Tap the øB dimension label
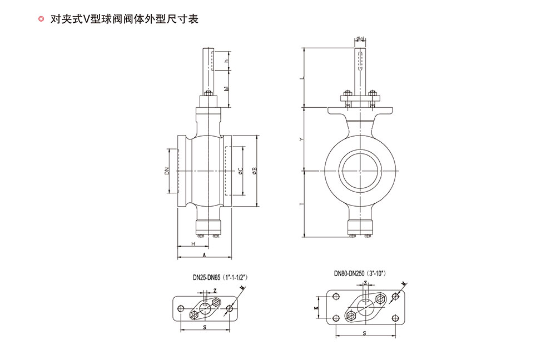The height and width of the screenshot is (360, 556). (254, 172)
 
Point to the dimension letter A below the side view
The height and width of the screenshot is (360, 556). (204, 255)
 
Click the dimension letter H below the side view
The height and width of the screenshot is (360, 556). (192, 243)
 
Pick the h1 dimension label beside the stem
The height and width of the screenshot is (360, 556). (226, 89)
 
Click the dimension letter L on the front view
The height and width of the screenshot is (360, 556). (301, 78)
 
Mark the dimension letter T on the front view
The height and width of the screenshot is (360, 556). (301, 204)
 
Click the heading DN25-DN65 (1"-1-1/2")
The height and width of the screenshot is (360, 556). (220, 276)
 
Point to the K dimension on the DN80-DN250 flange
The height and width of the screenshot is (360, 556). (316, 307)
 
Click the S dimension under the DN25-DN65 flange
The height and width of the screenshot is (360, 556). (204, 328)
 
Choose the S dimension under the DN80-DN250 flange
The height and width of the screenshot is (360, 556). (364, 333)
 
